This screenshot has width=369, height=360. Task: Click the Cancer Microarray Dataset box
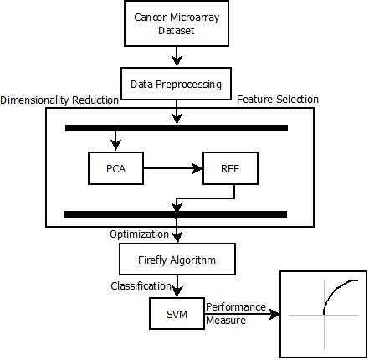177,23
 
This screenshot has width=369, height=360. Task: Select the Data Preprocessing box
176,84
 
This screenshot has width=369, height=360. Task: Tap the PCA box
115,168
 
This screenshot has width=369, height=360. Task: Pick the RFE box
230,168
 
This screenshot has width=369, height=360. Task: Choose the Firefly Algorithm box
177,260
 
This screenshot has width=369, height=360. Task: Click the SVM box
177,313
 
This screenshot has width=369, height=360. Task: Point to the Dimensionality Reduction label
59,100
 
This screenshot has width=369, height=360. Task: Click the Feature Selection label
278,100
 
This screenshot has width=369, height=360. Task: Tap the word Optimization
139,234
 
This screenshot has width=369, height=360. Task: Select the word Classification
141,286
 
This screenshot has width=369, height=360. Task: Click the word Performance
236,307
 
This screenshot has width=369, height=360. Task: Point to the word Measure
226,321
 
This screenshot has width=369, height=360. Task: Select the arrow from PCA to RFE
173,168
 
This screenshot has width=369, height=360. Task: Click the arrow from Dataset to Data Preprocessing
177,57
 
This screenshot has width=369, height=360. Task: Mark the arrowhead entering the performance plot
274,315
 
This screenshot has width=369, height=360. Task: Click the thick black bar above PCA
177,128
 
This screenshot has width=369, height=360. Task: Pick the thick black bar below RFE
176,214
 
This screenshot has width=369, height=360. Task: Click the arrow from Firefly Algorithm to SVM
177,286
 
